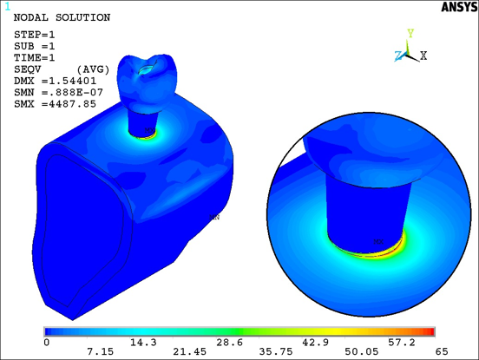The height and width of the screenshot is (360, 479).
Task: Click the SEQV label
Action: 29,69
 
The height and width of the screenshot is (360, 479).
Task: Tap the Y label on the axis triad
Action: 410,34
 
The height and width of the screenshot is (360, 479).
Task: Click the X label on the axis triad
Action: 423,56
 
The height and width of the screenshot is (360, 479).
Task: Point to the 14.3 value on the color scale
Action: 135,343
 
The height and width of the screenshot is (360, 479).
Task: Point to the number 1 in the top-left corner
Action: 7,7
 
